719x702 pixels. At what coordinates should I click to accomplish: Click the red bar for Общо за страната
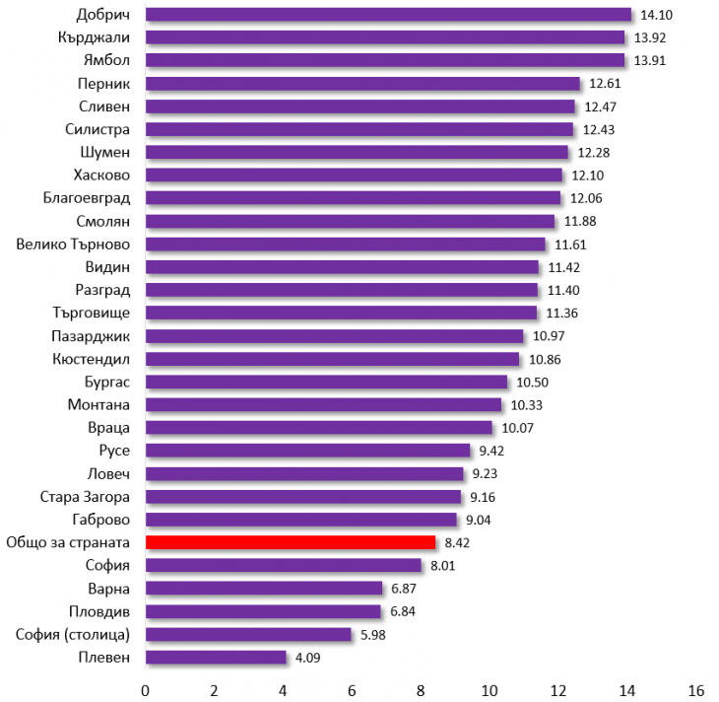pos(291,542)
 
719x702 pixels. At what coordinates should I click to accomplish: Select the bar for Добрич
pos(388,14)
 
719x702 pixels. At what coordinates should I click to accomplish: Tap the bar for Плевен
pos(216,657)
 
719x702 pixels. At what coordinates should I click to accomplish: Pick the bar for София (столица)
pos(248,634)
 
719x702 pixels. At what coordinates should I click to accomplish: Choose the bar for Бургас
pos(326,382)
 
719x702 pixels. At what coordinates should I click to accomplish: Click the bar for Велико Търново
pos(345,244)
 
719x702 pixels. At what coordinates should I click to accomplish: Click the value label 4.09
pos(307,658)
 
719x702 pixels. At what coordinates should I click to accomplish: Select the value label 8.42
pos(458,543)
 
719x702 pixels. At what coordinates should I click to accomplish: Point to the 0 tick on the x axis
pos(146,688)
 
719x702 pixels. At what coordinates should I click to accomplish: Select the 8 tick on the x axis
pos(422,688)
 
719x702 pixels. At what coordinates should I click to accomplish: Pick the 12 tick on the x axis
pos(558,688)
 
